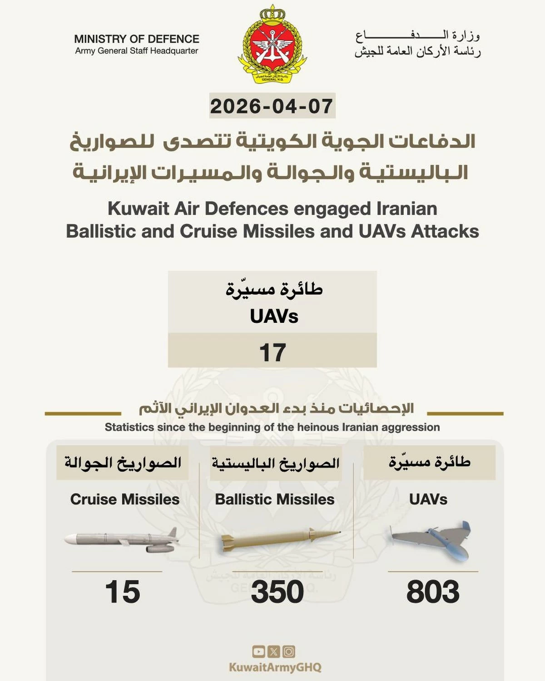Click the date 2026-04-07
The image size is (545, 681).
click(272, 106)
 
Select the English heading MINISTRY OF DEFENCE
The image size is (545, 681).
click(137, 39)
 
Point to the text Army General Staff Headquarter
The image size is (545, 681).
click(137, 51)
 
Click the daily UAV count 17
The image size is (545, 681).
click(272, 352)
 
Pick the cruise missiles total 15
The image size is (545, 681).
click(123, 592)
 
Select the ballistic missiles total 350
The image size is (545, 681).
click(277, 592)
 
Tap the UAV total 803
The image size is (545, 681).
click(433, 592)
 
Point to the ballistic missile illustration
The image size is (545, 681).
click(279, 539)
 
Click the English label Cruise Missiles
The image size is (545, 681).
click(125, 499)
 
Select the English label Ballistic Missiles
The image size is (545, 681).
click(275, 499)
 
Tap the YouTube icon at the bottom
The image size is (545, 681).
click(258, 652)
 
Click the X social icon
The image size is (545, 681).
click(274, 652)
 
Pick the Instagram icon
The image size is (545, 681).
click(289, 652)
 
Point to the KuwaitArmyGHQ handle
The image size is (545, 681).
click(275, 667)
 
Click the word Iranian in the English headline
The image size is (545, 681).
click(406, 209)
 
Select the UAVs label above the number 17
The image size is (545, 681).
click(274, 316)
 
